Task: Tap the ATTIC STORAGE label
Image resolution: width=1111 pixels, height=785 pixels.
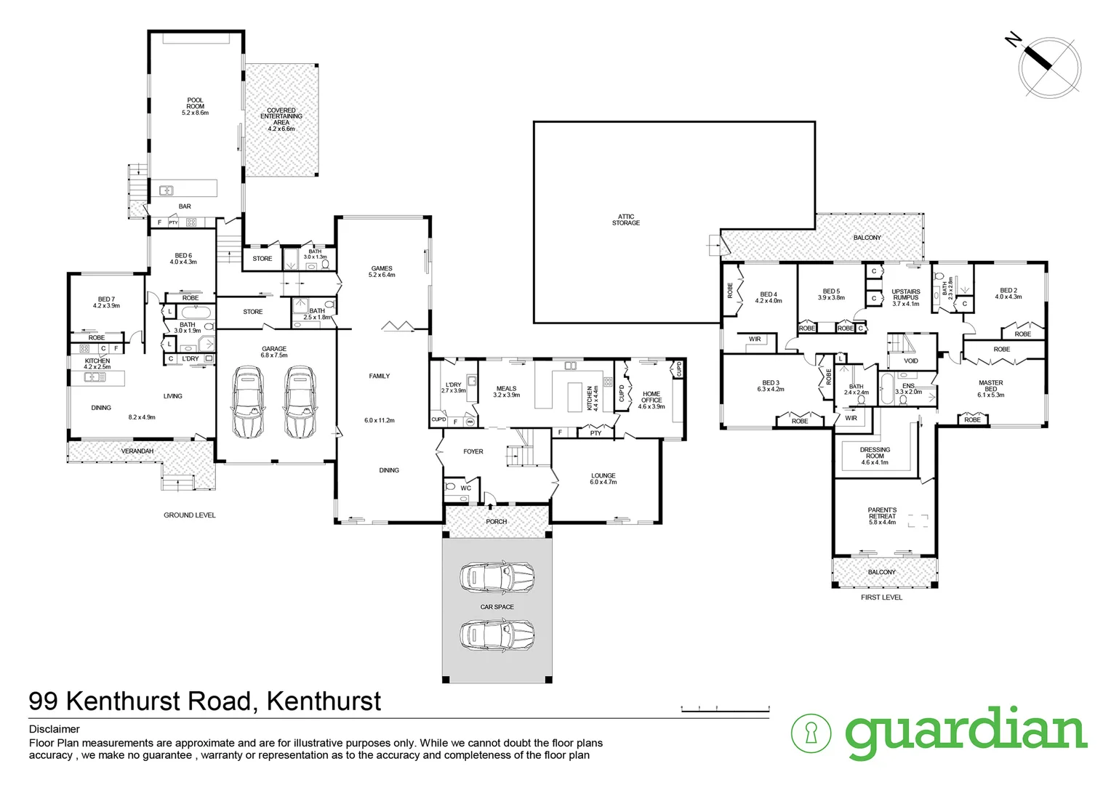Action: pyautogui.click(x=625, y=220)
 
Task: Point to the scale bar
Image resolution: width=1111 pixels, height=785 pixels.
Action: pyautogui.click(x=725, y=708)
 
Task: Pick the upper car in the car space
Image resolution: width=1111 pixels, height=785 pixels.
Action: pyautogui.click(x=497, y=578)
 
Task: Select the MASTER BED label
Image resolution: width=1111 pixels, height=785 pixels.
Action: pyautogui.click(x=990, y=386)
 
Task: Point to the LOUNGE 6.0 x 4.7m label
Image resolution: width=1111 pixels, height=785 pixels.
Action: pyautogui.click(x=603, y=479)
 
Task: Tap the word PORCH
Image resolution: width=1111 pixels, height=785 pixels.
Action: pyautogui.click(x=497, y=522)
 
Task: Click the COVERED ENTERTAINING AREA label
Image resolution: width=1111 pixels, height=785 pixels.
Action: pyautogui.click(x=281, y=116)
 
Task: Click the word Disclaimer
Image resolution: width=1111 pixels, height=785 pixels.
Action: pyautogui.click(x=55, y=729)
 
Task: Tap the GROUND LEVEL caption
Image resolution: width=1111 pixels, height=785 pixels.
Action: pyautogui.click(x=189, y=515)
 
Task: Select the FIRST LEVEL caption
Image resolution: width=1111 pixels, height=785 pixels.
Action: pyautogui.click(x=881, y=597)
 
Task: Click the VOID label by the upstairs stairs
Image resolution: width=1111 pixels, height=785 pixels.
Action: pyautogui.click(x=910, y=361)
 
